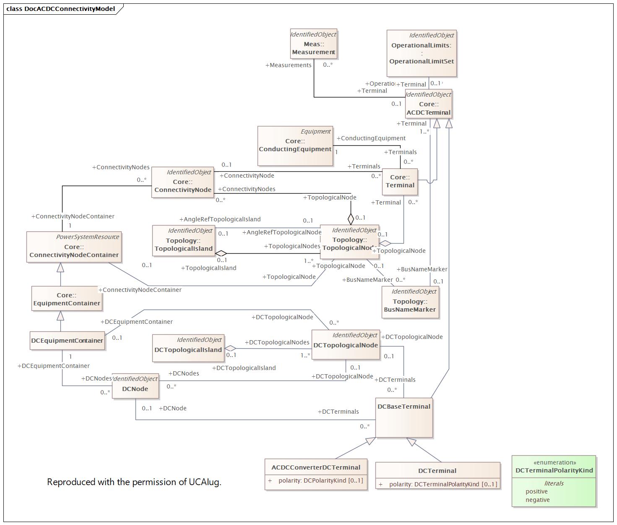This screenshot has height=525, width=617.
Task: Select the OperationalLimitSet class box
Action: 421,53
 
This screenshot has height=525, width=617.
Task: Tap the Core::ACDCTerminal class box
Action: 428,104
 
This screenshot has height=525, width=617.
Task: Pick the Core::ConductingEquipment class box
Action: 295,146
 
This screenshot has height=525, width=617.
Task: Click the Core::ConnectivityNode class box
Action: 182,182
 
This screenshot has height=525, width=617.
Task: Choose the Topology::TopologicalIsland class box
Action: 183,240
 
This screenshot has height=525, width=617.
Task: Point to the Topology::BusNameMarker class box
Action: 410,302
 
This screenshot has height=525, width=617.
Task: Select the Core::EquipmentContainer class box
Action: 67,299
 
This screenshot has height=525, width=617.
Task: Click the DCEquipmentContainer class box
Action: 67,341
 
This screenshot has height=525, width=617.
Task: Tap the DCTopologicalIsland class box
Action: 188,348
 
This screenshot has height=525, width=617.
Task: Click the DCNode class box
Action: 135,386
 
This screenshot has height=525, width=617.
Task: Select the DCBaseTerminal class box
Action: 404,417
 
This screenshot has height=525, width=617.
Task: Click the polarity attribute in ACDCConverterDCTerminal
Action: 320,480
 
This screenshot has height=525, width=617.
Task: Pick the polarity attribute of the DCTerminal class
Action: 443,484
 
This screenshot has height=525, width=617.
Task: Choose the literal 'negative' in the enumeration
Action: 537,500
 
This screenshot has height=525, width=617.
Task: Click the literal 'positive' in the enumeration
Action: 536,491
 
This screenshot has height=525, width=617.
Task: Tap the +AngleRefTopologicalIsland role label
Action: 220,219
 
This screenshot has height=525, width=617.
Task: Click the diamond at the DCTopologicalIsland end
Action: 230,348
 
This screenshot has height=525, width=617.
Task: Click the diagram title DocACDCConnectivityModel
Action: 69,9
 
